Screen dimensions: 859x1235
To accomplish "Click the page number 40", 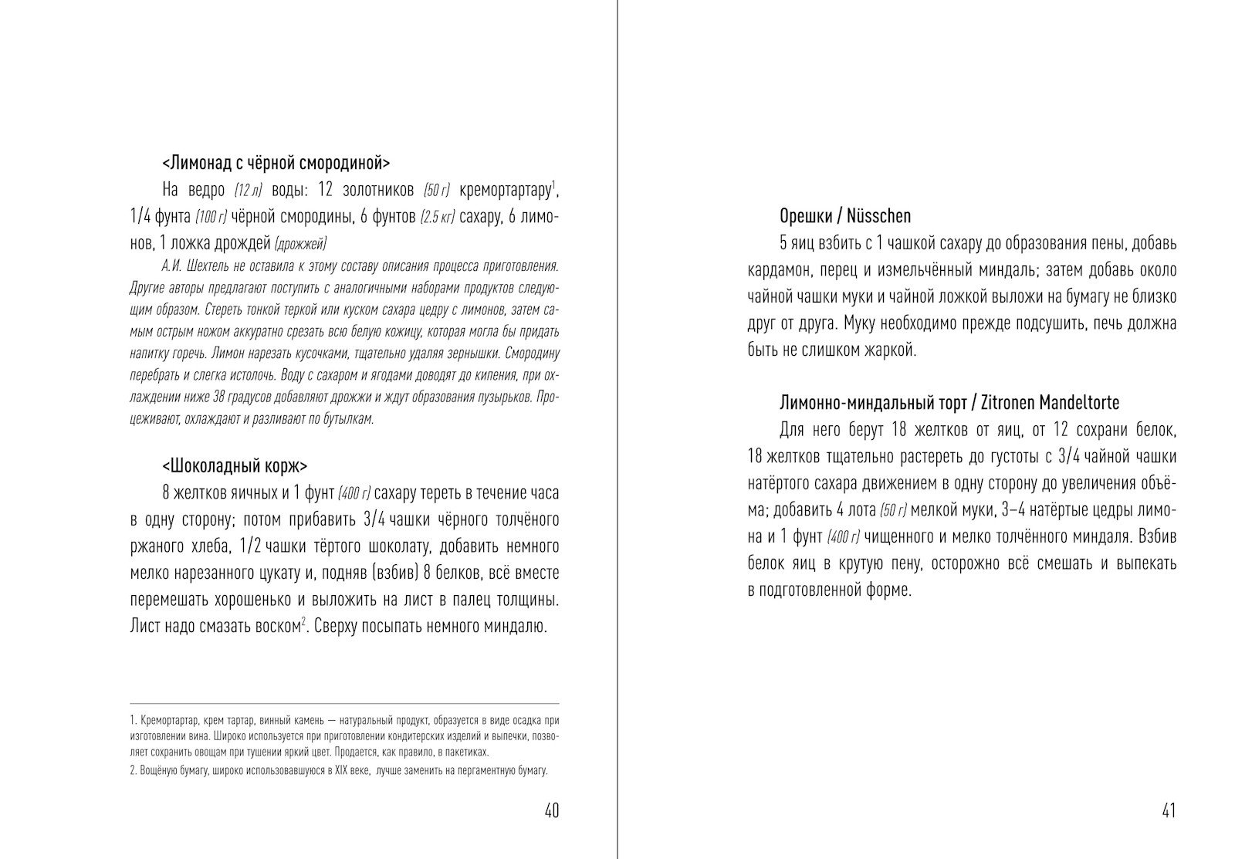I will (551, 810).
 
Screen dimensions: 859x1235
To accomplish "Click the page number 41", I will (1168, 810).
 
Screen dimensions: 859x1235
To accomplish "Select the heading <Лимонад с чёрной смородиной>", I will (276, 163).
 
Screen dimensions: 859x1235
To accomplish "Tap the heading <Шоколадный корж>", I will (235, 466).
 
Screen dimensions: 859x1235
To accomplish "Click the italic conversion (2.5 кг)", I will (437, 218).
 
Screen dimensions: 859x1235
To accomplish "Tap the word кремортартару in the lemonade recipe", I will (505, 190).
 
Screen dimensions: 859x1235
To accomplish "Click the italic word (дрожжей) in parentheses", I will (300, 245).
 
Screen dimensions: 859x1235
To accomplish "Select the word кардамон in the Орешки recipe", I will (778, 270).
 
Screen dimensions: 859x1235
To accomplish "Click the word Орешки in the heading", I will (804, 216).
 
